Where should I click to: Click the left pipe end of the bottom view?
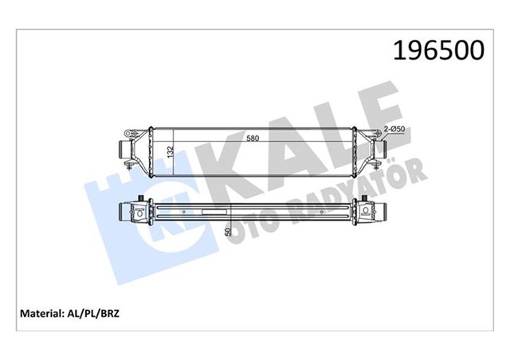pyautogui.click(x=122, y=213)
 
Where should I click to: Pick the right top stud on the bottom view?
pyautogui.click(x=367, y=200)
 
